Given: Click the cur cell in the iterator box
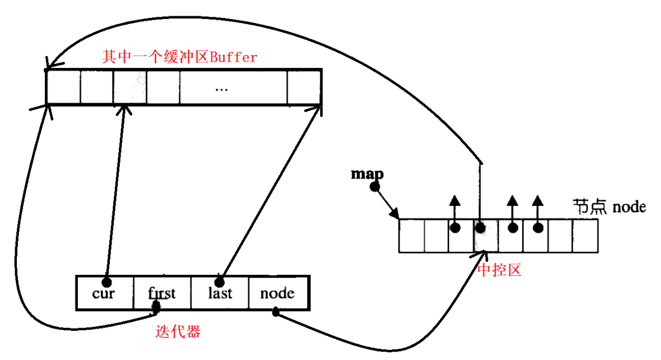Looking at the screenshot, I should point(105,293).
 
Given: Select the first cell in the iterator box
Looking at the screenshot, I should point(162,293).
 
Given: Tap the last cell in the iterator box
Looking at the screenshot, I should point(220,293).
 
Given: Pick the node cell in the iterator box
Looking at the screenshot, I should point(277,293).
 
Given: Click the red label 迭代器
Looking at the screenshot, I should point(177,331).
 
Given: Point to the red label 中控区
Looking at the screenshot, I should point(500,270).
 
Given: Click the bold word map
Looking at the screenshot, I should point(367,173).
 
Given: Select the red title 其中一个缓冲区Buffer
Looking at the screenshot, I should point(179,57).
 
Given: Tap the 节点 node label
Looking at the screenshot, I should point(609,206).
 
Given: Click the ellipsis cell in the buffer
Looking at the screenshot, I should point(233,87).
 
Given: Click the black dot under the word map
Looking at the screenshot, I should point(375,186).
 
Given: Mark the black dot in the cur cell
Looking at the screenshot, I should point(107,280).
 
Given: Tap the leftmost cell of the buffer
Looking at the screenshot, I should point(63,87).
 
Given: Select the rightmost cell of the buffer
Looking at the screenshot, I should point(304,87).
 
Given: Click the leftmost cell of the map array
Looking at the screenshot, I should point(411,236).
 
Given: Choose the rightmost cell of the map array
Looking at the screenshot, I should point(585,236).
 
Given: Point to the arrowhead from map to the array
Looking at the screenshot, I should point(395,214).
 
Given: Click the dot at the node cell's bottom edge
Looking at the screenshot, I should point(275,312).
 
